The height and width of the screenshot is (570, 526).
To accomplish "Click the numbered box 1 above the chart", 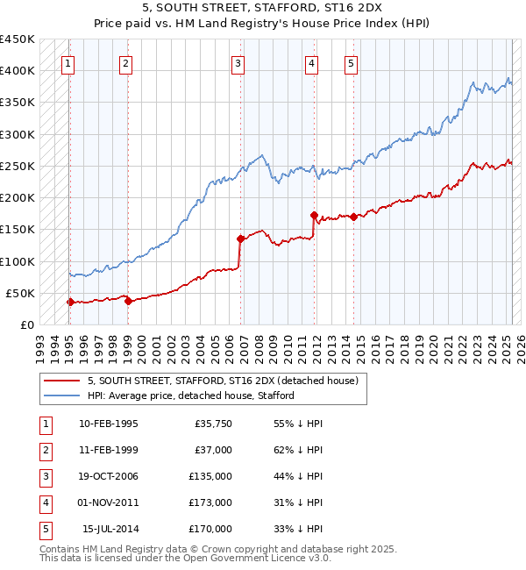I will pyautogui.click(x=68, y=62).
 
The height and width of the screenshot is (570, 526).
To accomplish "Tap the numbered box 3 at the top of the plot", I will pyautogui.click(x=238, y=62).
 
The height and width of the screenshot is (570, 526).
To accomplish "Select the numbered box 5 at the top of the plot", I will pyautogui.click(x=351, y=62).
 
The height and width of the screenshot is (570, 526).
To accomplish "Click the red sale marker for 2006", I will pyautogui.click(x=239, y=238).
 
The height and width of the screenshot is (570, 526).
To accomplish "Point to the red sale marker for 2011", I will pyautogui.click(x=313, y=214).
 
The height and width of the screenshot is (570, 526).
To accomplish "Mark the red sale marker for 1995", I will pyautogui.click(x=70, y=302).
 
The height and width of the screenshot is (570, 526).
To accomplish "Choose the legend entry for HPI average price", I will pyautogui.click(x=190, y=395).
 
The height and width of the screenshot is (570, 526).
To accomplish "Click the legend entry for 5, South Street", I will pyautogui.click(x=223, y=381).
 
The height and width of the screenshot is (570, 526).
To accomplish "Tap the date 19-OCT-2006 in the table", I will pyautogui.click(x=109, y=476).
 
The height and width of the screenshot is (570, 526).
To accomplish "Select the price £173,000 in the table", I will pyautogui.click(x=210, y=502).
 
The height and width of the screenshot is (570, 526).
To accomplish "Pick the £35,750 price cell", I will pyautogui.click(x=212, y=424).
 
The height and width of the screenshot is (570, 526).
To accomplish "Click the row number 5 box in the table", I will pyautogui.click(x=45, y=529).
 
